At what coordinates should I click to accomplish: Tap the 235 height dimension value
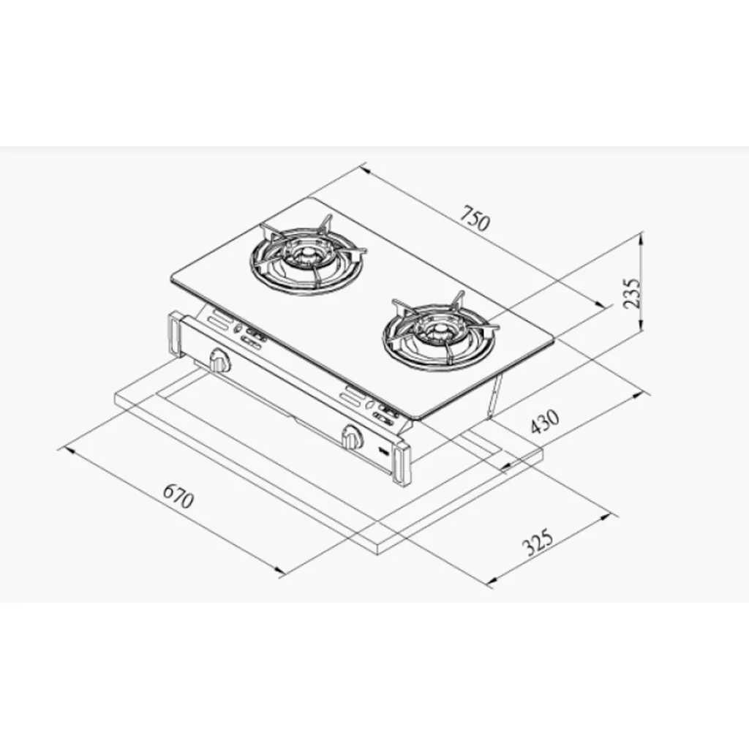(631, 293)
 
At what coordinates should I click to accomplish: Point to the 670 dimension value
(178, 497)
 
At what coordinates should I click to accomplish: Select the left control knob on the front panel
(219, 360)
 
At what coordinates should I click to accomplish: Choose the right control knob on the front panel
(352, 436)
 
